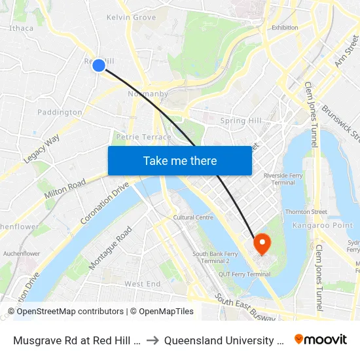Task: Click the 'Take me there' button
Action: coord(180,161)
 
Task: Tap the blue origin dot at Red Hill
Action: coord(99,65)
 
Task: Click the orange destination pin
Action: coord(262,244)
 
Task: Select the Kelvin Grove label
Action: coord(131,17)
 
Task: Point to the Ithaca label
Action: coord(22,28)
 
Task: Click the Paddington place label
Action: coord(60,113)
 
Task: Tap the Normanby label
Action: coord(147,94)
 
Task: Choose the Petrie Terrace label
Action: coord(143,137)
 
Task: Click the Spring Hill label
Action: coord(242,120)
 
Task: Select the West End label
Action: coord(143,284)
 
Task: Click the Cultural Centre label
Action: coord(193,217)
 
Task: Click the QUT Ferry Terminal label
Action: coord(244,274)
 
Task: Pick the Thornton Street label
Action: coord(306,212)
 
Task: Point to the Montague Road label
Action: coord(110,248)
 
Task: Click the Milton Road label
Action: coord(65,189)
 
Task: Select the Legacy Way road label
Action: coord(41,149)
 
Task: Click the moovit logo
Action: coord(320,340)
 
